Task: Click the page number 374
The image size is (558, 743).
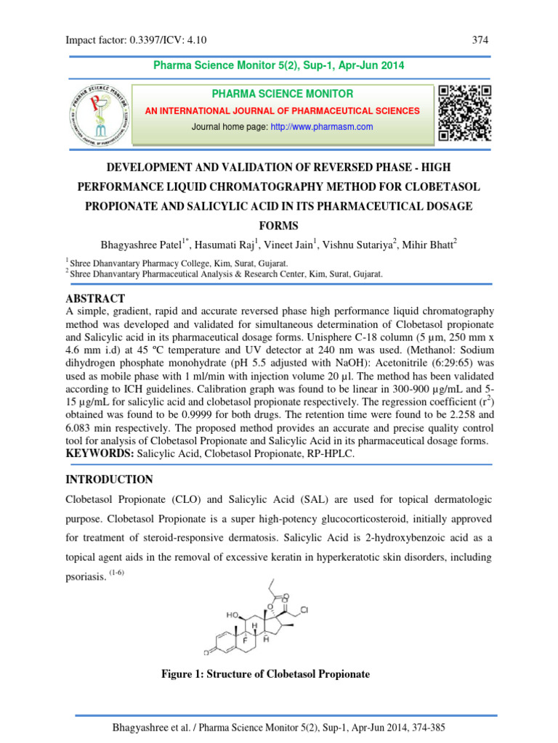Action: (480, 41)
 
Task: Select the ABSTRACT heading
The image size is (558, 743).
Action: (95, 299)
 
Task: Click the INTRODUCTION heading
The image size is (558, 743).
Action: (109, 480)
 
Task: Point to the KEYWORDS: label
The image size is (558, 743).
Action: (101, 454)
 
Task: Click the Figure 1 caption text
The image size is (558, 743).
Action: (264, 674)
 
